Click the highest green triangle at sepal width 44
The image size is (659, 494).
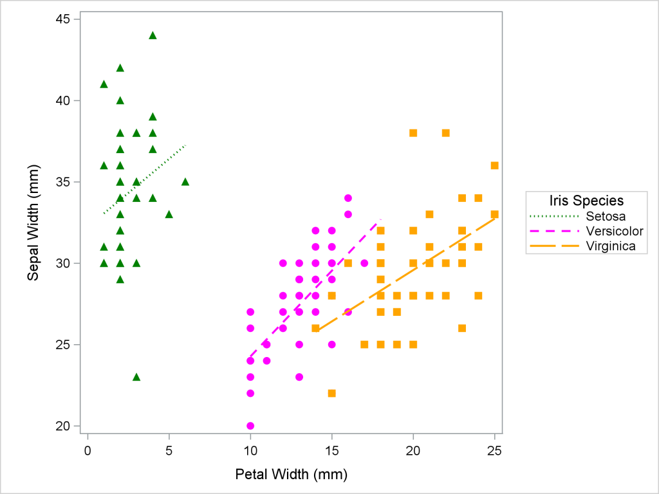[x=153, y=35]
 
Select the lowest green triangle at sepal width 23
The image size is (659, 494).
[x=136, y=377]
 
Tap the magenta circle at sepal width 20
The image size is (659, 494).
[x=250, y=426]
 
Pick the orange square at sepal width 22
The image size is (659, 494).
[x=331, y=393]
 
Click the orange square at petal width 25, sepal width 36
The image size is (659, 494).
[x=494, y=165]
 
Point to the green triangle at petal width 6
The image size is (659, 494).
[x=185, y=181]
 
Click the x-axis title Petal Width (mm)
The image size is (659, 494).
[x=292, y=475]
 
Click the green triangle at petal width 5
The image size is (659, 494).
[x=169, y=214]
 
